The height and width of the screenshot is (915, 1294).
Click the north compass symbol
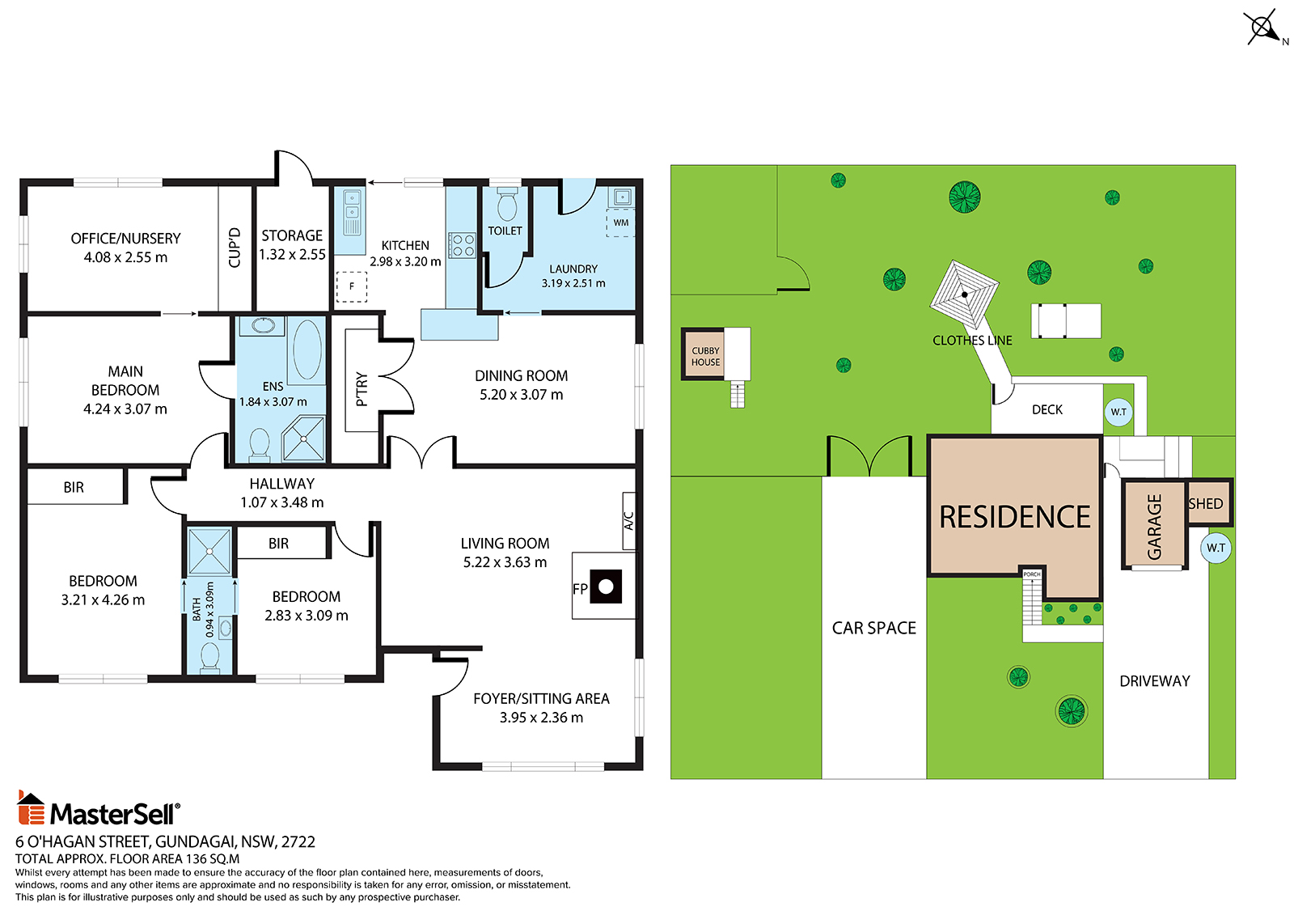[x=1264, y=28]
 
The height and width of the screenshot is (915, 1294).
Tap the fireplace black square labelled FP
[x=606, y=587]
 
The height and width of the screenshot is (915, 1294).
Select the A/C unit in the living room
[x=629, y=521]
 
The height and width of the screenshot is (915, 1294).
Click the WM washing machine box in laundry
[x=620, y=223]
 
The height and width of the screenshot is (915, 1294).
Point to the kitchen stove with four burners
[x=463, y=245]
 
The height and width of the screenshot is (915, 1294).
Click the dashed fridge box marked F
[x=351, y=286]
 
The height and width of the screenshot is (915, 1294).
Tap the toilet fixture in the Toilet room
[x=507, y=204]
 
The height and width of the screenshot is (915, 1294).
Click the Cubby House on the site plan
[x=704, y=355]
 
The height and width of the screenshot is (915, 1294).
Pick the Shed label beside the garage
[x=1205, y=504]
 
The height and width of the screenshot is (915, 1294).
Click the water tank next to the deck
[x=1119, y=412]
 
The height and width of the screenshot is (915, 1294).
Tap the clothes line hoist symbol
[x=963, y=294]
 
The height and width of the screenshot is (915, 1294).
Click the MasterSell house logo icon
[x=32, y=807]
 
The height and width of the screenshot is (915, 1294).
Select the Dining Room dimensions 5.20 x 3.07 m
[x=521, y=395]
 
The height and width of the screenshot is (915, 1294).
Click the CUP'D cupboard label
[x=235, y=248]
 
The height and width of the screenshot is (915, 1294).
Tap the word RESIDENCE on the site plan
[x=1014, y=517]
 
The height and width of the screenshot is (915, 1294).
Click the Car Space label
[x=873, y=629]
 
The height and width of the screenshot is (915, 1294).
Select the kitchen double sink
[x=351, y=213]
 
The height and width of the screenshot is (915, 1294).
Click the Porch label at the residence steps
[x=1032, y=574]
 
